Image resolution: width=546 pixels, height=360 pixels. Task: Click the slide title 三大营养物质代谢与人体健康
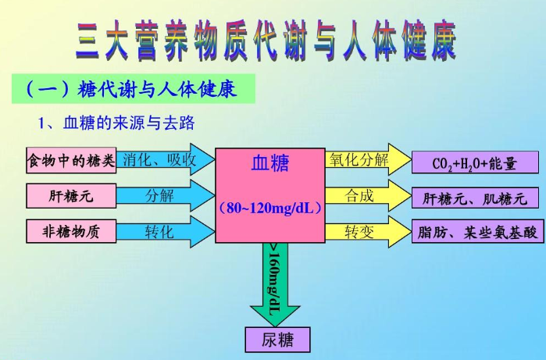point(266,41)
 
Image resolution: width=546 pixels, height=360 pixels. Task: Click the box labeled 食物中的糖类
point(71,162)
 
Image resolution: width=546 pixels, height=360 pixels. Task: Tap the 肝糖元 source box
point(71,196)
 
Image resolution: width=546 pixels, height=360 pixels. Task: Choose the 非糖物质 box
point(71,231)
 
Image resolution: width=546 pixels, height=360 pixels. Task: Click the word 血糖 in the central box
point(269,163)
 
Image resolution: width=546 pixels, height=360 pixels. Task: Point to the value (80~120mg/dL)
point(269,209)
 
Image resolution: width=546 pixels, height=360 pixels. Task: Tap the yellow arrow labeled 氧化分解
point(363,160)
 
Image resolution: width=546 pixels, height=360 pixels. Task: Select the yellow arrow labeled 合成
point(363,195)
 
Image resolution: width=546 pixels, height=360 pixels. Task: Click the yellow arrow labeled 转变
point(363,231)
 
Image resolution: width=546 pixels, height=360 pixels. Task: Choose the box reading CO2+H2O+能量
point(475,162)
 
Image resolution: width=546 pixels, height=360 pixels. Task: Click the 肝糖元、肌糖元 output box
point(475,198)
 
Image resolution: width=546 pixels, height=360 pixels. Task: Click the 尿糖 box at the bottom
point(277,340)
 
